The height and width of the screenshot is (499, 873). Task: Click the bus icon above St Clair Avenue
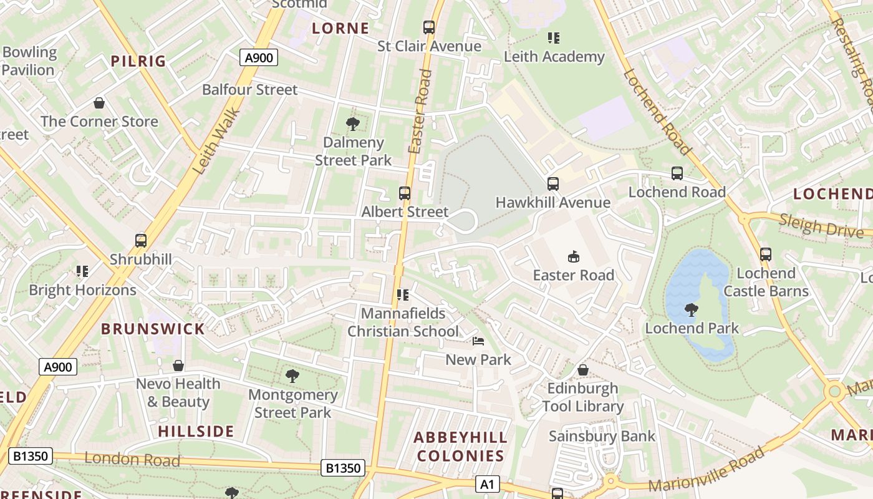[x=429, y=27]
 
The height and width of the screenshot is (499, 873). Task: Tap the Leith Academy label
[x=554, y=57]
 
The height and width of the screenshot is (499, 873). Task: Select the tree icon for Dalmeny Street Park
[x=352, y=124]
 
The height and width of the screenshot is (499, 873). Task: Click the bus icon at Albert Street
[x=405, y=193]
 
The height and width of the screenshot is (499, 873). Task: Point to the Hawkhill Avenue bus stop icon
[x=553, y=184]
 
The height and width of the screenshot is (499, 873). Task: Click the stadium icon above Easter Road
[x=573, y=256]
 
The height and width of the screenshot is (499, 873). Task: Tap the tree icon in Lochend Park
[x=691, y=309]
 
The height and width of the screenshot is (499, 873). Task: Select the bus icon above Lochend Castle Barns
[x=766, y=254]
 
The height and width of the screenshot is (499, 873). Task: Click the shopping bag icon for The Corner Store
[x=99, y=103]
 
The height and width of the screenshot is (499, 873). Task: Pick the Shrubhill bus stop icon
[x=141, y=241]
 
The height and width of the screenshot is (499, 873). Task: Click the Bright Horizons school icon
[x=82, y=271]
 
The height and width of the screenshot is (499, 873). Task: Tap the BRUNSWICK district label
[x=153, y=329]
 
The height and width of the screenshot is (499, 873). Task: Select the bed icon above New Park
[x=478, y=341]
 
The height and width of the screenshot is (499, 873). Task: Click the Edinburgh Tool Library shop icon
[x=583, y=370]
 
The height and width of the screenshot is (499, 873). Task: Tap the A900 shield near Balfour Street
[x=258, y=58]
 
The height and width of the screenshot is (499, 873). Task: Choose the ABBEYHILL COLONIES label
[x=460, y=447]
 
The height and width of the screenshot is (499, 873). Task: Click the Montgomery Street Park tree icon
[x=292, y=375]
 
